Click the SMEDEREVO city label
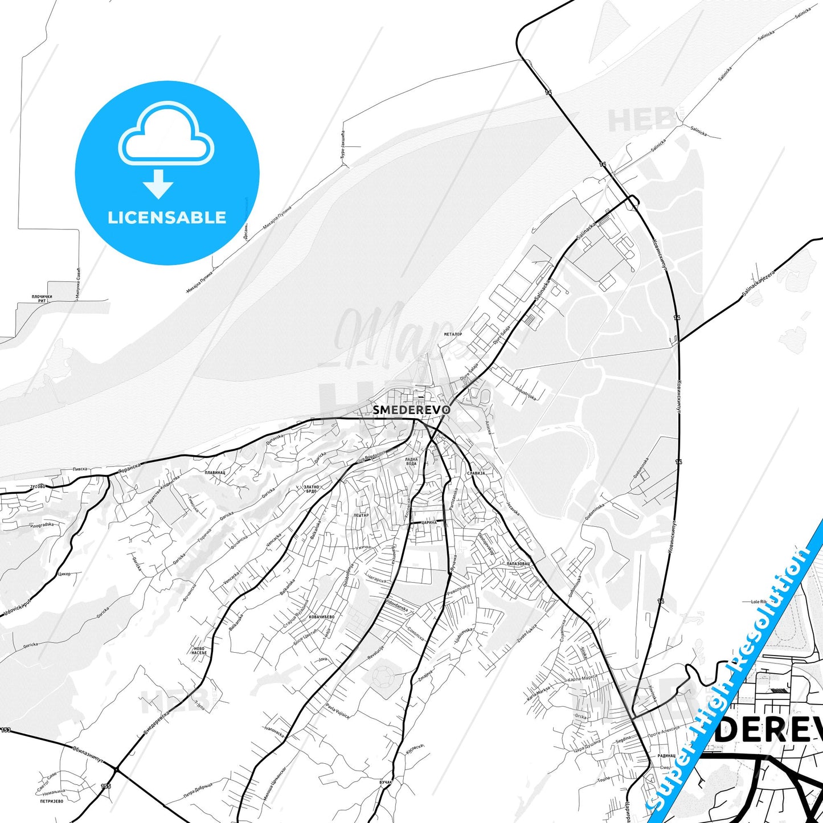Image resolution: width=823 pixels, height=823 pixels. (412, 410)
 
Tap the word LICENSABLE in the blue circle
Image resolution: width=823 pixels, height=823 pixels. (167, 218)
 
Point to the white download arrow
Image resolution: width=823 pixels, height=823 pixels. (158, 184)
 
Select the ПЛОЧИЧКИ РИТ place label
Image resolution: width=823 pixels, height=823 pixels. (42, 298)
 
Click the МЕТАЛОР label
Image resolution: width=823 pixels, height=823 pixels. (453, 334)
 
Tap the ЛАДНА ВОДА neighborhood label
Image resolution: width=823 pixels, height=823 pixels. (411, 461)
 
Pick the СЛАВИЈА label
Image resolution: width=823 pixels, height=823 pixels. (475, 473)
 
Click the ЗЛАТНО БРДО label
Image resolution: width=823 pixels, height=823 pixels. (311, 489)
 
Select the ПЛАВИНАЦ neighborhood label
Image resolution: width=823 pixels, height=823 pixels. (215, 473)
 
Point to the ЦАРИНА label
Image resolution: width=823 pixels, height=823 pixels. (429, 522)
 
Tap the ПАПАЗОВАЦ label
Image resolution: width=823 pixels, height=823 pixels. (518, 563)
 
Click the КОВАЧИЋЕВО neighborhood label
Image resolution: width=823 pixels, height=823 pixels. (321, 617)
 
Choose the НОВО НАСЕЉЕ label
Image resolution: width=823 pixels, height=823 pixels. (199, 650)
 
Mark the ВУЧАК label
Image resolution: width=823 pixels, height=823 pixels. (386, 783)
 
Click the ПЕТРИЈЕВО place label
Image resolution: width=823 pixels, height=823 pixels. (52, 800)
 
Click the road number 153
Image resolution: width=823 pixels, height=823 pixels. (6, 730)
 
